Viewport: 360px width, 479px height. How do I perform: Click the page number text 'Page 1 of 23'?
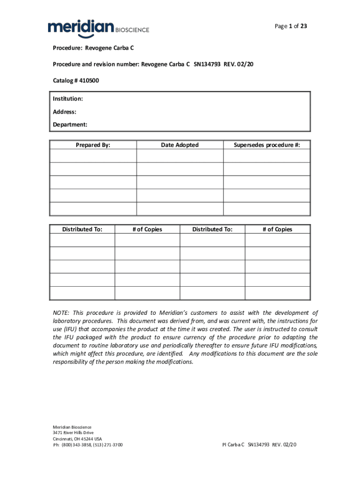291,26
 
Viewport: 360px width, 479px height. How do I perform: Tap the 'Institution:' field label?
68,99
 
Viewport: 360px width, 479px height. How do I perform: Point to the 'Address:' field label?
65,112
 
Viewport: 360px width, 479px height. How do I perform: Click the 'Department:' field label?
70,125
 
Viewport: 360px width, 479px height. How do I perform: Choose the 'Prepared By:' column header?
93,145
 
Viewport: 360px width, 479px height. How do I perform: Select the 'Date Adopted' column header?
180,145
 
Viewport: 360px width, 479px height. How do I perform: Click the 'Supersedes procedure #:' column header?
266,145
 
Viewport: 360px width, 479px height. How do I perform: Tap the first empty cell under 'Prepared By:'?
93,156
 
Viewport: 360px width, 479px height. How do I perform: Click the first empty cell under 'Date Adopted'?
180,156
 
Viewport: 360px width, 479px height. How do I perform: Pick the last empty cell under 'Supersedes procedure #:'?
266,209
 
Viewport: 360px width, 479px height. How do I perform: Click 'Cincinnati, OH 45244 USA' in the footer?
77,439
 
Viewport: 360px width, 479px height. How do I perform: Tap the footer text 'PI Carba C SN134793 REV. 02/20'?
259,445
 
